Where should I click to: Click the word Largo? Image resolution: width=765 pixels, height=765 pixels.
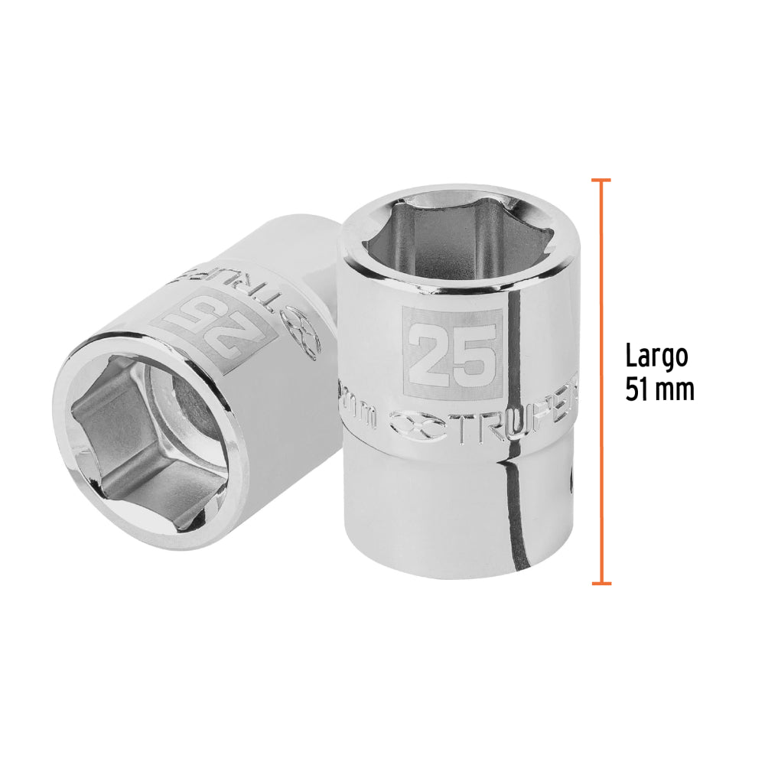[x=656, y=356]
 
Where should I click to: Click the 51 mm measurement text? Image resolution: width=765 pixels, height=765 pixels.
[x=659, y=389]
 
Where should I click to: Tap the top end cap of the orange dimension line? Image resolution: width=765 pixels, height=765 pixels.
[x=601, y=181]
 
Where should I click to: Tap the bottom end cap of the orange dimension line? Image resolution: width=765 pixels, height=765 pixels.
[x=601, y=584]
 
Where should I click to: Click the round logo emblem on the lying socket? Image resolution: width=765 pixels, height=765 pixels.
[x=304, y=334]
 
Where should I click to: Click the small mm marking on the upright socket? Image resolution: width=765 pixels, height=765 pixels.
[x=363, y=418]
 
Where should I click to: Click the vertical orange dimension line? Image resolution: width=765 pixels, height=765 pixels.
[x=601, y=382]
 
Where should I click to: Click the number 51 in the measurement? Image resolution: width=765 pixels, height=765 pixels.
[x=637, y=389]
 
